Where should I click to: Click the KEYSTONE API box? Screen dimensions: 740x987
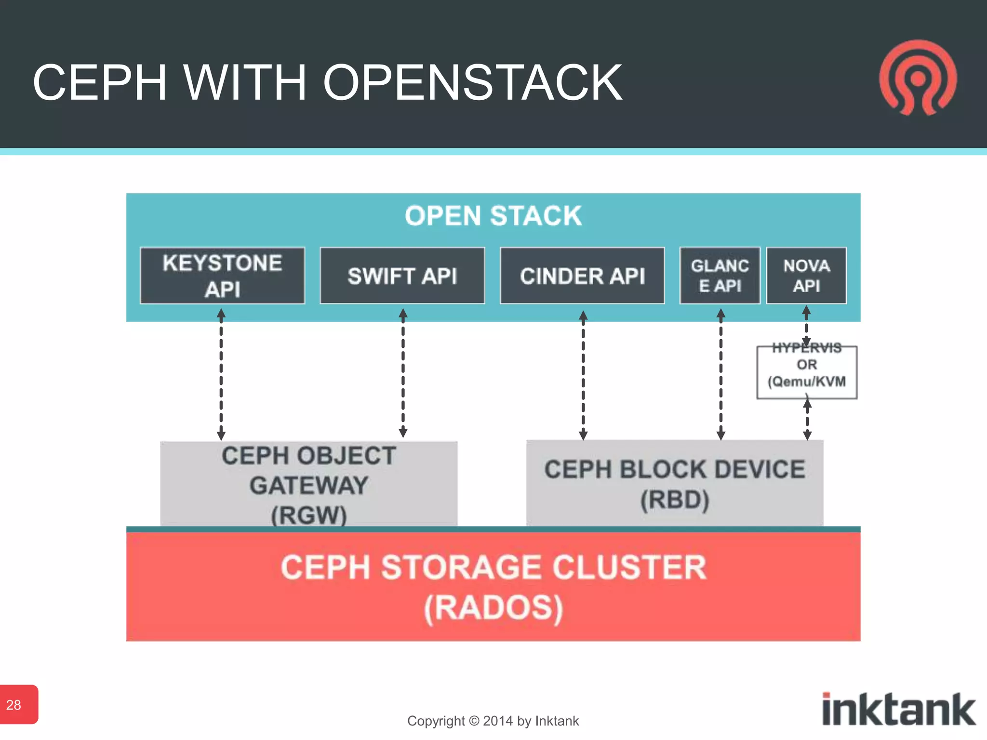222,276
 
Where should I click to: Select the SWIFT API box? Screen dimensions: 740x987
402,276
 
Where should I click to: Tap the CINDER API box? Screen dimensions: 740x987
582,276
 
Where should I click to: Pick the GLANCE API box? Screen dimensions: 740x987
720,276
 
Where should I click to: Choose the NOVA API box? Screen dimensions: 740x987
806,276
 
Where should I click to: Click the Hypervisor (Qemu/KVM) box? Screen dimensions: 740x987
807,372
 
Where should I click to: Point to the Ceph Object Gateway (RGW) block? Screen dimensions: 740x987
308,484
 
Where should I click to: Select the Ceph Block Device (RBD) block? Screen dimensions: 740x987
674,483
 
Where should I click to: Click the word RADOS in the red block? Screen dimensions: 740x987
493,608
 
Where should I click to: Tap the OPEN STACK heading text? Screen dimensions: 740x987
493,215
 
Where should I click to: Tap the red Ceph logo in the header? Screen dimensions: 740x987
918,79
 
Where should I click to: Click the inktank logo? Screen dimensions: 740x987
898,709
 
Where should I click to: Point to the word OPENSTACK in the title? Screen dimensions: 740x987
472,83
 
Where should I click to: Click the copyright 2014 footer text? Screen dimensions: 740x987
493,721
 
